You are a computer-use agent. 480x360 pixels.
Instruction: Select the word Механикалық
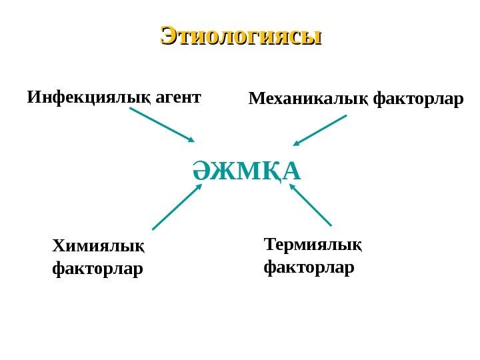309,100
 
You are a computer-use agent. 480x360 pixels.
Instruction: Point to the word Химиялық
98,247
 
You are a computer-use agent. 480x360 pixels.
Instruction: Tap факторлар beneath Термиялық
309,268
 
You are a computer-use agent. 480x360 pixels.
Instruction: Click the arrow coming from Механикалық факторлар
321,130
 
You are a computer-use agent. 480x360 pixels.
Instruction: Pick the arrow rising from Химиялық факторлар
176,207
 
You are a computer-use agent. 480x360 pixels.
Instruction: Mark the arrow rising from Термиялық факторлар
310,205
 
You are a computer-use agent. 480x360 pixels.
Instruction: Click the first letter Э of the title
170,35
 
